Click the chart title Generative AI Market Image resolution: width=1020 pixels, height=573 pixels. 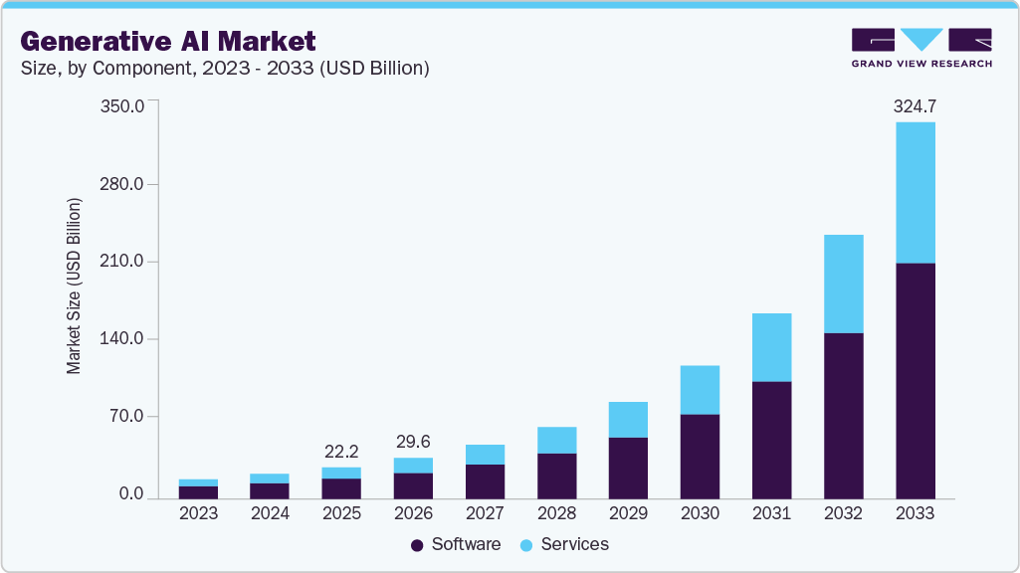pos(167,41)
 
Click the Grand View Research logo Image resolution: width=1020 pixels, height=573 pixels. pos(921,48)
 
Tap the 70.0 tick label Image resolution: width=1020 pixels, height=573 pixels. pos(127,417)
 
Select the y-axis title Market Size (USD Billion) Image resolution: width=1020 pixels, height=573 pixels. pos(74,286)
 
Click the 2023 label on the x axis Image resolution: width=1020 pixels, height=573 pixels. pos(198,513)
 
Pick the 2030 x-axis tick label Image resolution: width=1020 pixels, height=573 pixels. pos(700,513)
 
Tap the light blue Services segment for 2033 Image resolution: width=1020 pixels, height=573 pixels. pos(915,193)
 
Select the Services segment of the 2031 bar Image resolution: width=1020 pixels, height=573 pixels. pos(771,347)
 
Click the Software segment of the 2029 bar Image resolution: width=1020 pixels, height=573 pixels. pos(628,468)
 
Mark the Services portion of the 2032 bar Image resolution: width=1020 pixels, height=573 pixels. pos(843,284)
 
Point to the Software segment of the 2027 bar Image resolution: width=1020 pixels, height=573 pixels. pos(485,480)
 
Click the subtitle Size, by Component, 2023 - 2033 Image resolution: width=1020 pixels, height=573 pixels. pos(225,68)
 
